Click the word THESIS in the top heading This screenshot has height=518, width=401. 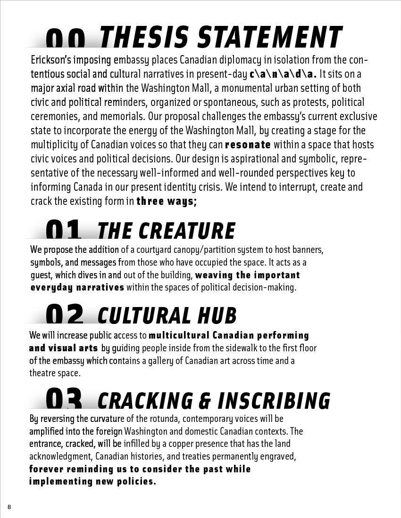click(x=144, y=37)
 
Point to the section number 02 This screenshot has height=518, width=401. click(x=65, y=315)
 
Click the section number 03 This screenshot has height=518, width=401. click(x=64, y=399)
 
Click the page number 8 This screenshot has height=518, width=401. click(x=9, y=507)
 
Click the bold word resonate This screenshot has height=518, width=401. click(x=248, y=145)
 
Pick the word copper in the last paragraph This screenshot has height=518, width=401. click(x=190, y=444)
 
